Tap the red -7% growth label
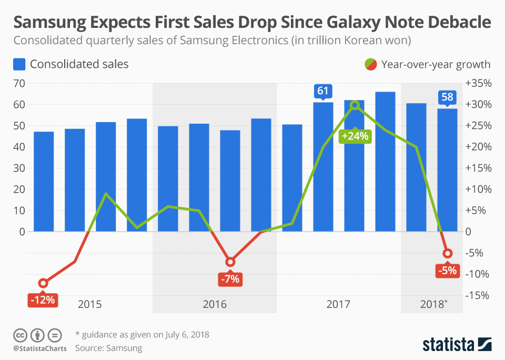230,279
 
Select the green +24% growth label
356,136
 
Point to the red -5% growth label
447,271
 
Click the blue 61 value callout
323,91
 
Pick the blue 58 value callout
448,97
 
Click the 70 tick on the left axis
19,83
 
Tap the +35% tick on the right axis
478,83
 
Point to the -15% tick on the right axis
478,295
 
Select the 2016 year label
214,304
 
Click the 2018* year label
434,304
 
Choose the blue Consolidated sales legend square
19,64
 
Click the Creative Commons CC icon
20,335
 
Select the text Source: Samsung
108,348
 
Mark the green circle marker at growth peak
355,105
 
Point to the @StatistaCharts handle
40,348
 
